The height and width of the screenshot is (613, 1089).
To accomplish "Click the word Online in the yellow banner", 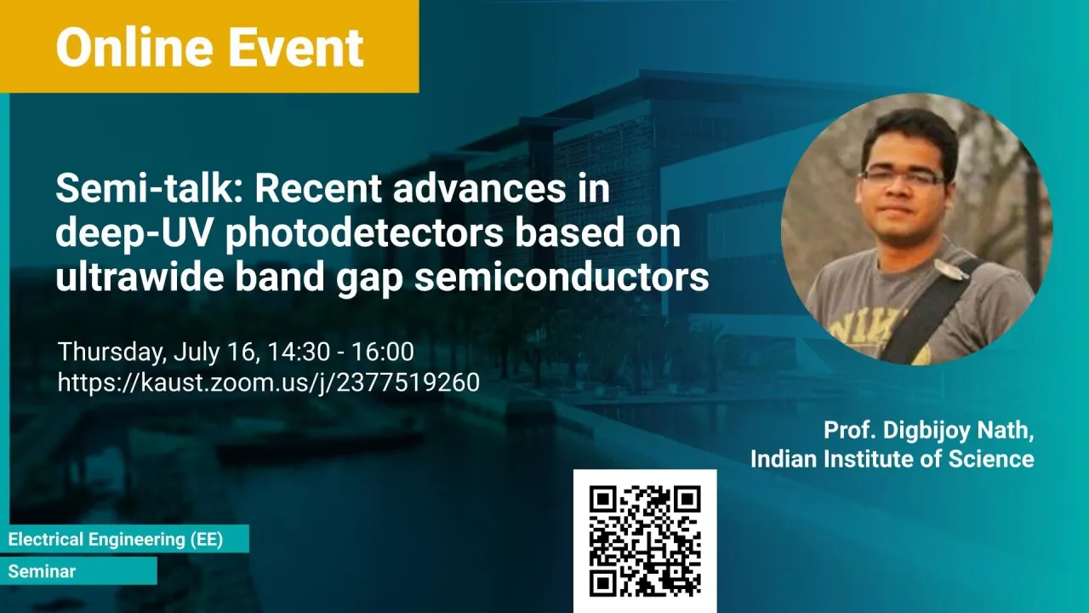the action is click(134, 47).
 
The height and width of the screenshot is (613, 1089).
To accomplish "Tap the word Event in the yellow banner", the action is click(296, 47).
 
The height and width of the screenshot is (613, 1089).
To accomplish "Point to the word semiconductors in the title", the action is click(562, 277).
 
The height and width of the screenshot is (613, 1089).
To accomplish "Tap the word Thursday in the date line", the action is click(111, 352).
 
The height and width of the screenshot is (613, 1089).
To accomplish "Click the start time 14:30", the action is click(299, 352).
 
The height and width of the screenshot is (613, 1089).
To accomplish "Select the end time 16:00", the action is click(383, 352).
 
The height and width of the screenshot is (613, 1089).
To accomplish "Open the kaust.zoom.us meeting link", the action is click(269, 382).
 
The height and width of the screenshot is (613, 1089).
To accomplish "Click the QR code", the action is click(645, 541).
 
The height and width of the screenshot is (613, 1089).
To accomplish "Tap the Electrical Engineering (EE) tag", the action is click(116, 539).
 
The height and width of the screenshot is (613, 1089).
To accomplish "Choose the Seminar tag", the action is click(43, 571).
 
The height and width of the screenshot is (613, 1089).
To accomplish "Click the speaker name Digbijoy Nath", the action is click(958, 431).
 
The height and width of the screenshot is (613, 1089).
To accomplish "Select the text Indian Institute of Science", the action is click(892, 459).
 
